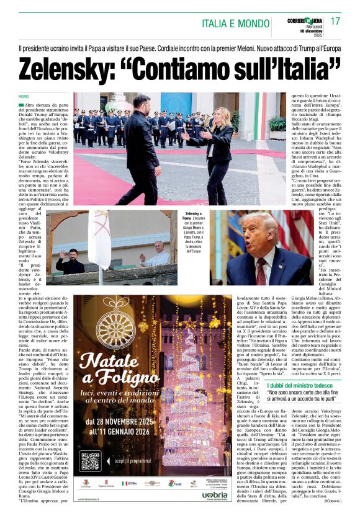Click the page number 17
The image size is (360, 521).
tap(336, 21)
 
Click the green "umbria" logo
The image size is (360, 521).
tap(215, 494)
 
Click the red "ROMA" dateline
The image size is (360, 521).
tap(24, 97)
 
